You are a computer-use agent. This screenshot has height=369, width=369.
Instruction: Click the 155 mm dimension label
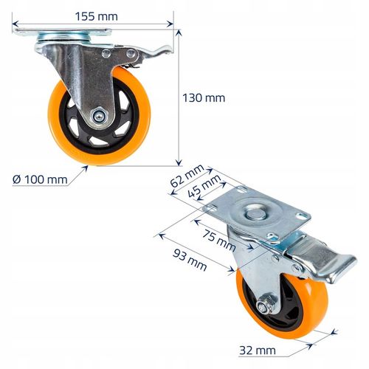point(96,16)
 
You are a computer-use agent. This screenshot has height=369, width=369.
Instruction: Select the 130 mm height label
point(204,98)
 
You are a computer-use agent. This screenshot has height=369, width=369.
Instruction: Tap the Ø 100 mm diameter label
point(40,179)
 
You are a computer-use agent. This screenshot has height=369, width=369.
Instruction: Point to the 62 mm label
point(187,176)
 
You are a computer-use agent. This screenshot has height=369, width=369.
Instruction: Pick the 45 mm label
point(204,186)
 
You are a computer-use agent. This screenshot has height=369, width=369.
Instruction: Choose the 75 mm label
point(219,240)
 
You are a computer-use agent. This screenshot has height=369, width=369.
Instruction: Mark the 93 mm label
point(190,260)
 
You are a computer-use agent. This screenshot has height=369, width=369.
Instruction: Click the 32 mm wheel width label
point(258,351)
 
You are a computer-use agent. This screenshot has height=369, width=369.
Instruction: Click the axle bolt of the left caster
point(99,116)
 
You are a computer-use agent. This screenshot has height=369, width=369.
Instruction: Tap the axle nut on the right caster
point(264,305)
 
